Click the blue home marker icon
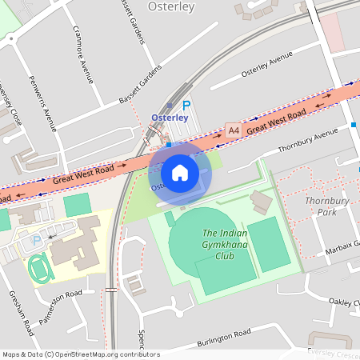tap(180, 173)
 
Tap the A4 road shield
tap(233, 130)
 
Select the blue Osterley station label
tap(170, 118)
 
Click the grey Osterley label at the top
tap(172, 7)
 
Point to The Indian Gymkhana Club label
tap(218, 244)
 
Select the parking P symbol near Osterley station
tap(187, 105)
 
